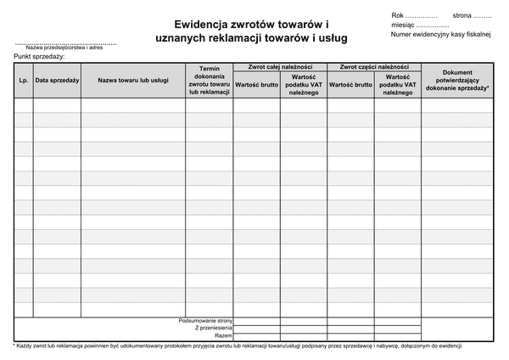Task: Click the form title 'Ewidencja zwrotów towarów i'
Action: pyautogui.click(x=251, y=25)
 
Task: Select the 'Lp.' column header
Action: pyautogui.click(x=23, y=81)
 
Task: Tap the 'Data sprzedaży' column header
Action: pyautogui.click(x=57, y=81)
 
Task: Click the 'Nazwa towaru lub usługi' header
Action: pyautogui.click(x=132, y=81)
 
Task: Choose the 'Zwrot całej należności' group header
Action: pyautogui.click(x=279, y=66)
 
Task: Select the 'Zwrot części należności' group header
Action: pyautogui.click(x=373, y=66)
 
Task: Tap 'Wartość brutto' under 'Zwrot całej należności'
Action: pyautogui.click(x=256, y=85)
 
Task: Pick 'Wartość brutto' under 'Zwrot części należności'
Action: pyautogui.click(x=350, y=85)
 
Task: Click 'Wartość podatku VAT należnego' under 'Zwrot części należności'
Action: pyautogui.click(x=397, y=84)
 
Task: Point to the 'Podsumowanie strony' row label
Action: pyautogui.click(x=206, y=320)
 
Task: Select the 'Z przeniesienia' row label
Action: pyautogui.click(x=213, y=328)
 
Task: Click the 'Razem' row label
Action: pyautogui.click(x=222, y=335)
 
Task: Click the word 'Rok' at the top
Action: pyautogui.click(x=398, y=15)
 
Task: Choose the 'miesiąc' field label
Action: pyautogui.click(x=404, y=25)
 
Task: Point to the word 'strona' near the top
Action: pyautogui.click(x=462, y=15)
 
